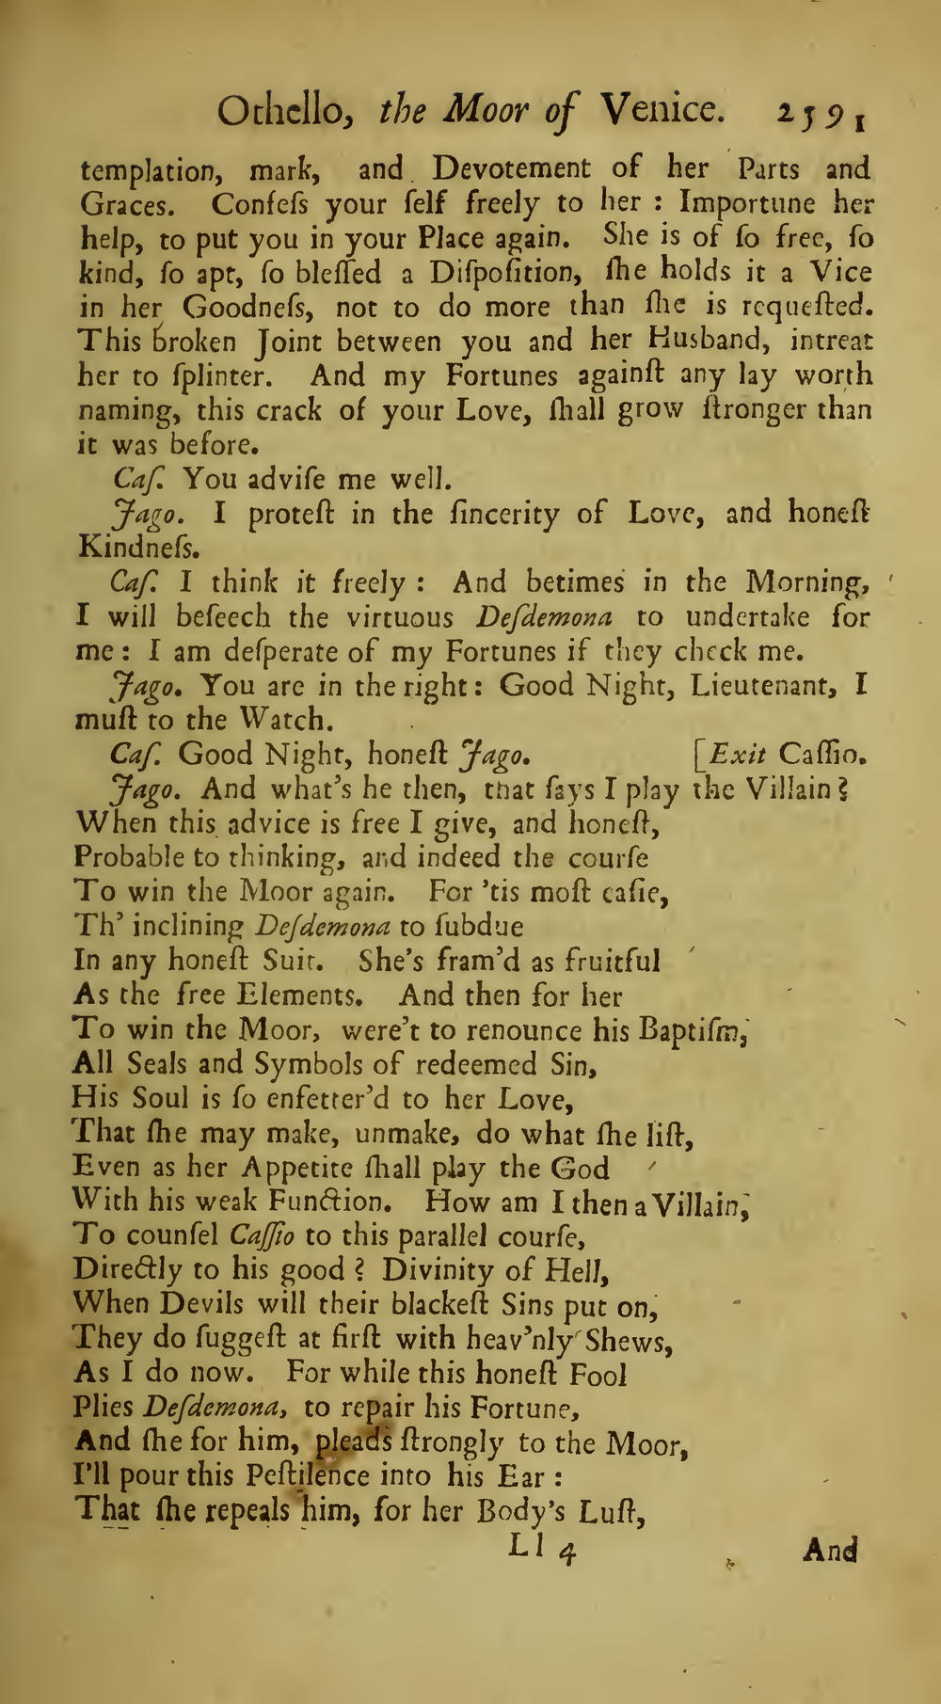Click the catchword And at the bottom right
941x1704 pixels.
tap(829, 1550)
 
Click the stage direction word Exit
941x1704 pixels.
tap(738, 755)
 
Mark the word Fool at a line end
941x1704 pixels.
tap(598, 1375)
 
